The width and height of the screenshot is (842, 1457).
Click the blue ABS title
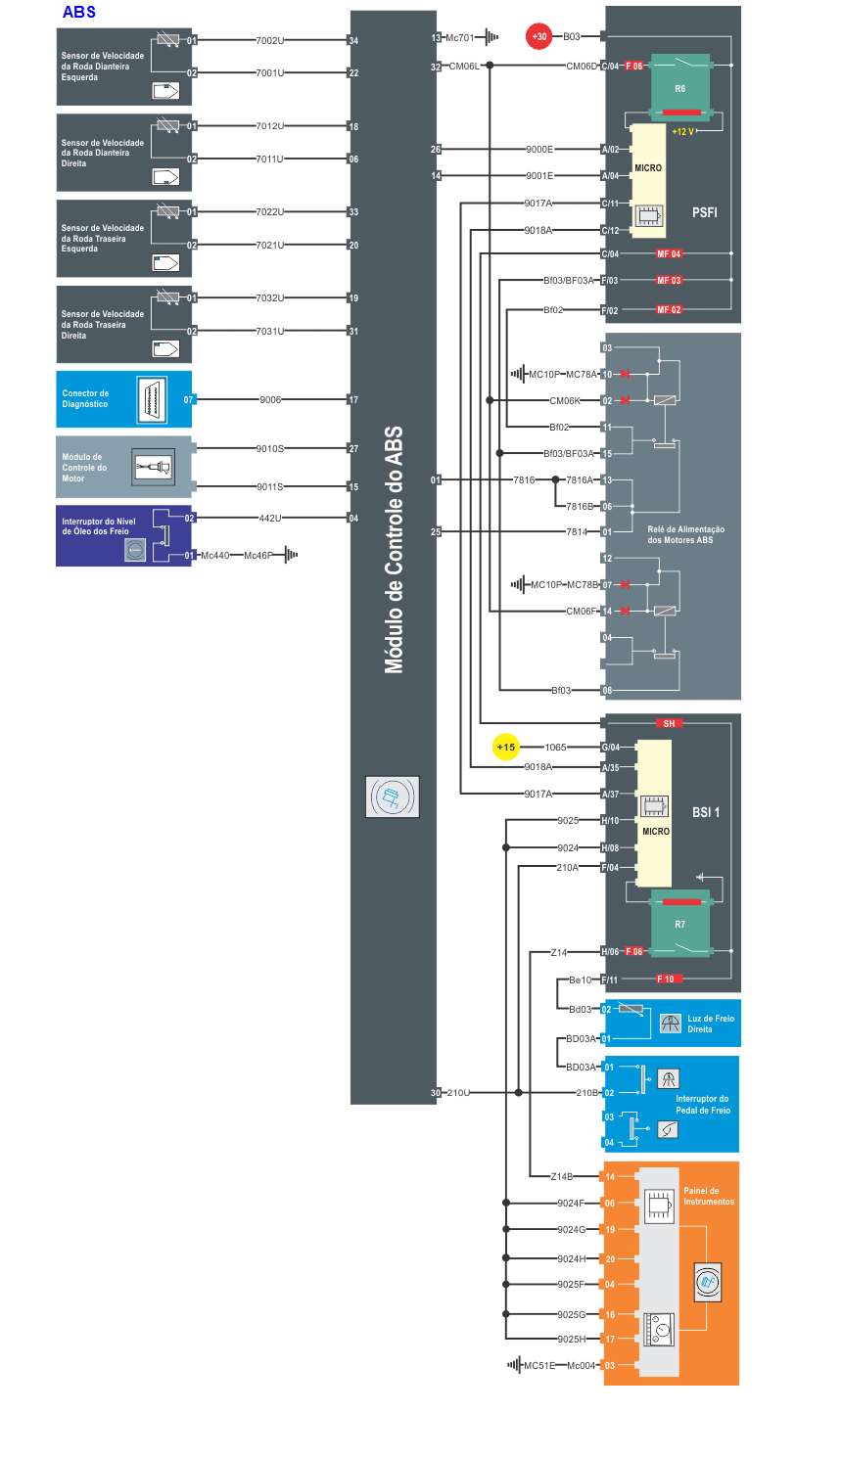click(x=78, y=12)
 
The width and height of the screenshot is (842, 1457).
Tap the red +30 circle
click(x=538, y=36)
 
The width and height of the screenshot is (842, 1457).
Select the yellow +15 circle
click(x=505, y=747)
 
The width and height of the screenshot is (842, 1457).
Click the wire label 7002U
click(x=269, y=41)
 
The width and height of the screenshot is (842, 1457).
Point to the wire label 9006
click(x=270, y=399)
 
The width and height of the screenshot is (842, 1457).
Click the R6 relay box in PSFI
click(x=679, y=87)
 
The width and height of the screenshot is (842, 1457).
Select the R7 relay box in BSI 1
click(x=679, y=923)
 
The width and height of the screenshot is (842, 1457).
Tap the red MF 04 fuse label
click(x=669, y=254)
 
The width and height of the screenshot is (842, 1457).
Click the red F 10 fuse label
click(x=666, y=979)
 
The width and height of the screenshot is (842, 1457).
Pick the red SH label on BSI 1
click(x=669, y=724)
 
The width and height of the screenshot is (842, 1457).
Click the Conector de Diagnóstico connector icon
click(x=152, y=399)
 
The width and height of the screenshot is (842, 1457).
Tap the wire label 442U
click(x=269, y=518)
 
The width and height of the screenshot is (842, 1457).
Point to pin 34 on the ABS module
click(x=353, y=41)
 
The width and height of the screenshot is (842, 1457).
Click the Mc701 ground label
click(x=459, y=38)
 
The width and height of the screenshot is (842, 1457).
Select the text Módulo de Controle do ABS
click(x=394, y=549)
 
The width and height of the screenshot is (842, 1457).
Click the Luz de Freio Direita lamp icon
click(x=670, y=1024)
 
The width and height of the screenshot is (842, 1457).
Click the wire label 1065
click(x=555, y=748)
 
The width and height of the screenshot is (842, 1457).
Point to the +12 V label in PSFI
click(x=682, y=132)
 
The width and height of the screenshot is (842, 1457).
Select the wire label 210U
click(x=458, y=1093)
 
